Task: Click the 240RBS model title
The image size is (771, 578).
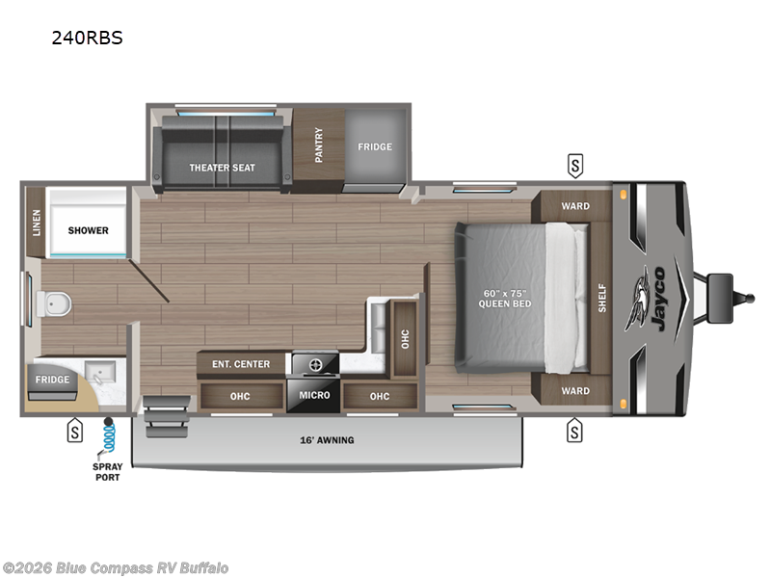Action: pos(88,39)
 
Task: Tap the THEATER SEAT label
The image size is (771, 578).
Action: pos(222,168)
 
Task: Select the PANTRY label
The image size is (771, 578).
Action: pos(319,146)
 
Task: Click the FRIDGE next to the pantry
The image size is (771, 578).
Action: pos(375,146)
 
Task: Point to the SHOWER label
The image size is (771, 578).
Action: pos(88,230)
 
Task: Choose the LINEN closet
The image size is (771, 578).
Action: pos(37,222)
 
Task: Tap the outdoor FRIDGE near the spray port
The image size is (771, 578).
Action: pos(52,380)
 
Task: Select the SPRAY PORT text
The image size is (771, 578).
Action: pos(108,472)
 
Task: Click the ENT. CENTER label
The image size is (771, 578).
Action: pos(241,363)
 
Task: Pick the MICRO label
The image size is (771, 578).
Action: pos(314,395)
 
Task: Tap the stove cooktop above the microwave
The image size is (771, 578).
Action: pos(313,364)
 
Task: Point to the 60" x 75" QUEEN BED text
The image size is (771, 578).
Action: pos(505,298)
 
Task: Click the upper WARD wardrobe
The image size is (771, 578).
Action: pos(575,206)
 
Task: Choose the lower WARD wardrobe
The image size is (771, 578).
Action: pos(575,391)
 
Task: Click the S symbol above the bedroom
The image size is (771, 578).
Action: pos(574,165)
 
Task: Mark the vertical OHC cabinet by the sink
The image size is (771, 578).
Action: pos(404,338)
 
